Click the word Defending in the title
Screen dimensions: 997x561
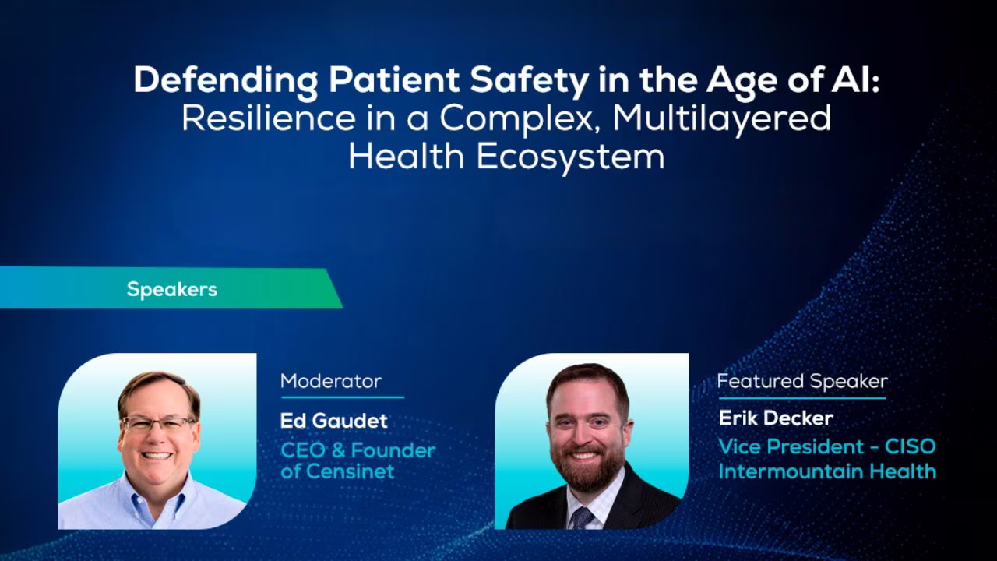click(x=226, y=81)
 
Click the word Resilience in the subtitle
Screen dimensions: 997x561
click(x=269, y=118)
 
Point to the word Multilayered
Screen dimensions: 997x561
click(x=721, y=119)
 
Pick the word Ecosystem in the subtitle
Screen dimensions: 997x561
click(x=571, y=157)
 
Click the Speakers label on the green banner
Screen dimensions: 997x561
click(x=172, y=290)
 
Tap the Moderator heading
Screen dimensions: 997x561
click(x=331, y=381)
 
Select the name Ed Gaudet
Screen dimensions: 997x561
click(x=334, y=421)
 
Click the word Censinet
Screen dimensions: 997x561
click(x=351, y=471)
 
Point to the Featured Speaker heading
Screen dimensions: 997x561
click(x=802, y=382)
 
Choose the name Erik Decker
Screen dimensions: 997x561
click(x=776, y=418)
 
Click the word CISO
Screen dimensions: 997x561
click(x=911, y=446)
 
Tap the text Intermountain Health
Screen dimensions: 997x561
click(x=827, y=471)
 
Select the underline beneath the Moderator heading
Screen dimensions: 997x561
click(x=342, y=397)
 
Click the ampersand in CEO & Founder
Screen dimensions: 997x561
click(x=338, y=450)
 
